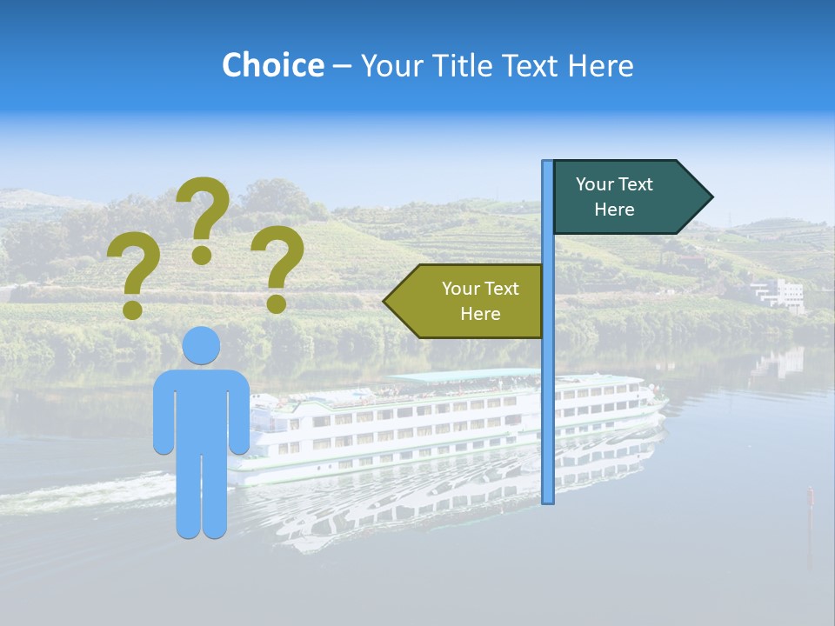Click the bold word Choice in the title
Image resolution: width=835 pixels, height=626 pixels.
point(272,65)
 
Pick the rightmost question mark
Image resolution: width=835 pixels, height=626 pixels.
point(277,266)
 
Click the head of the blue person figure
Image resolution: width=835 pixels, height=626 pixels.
point(201,345)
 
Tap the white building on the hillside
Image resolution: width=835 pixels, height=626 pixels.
point(779,293)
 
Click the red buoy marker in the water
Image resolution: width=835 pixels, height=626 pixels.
point(810,496)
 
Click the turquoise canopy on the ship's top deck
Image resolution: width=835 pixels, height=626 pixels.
point(461,376)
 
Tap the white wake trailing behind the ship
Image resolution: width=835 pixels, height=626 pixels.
point(87,494)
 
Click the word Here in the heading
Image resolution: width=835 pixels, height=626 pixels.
point(601,65)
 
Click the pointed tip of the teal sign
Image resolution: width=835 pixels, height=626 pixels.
point(711,197)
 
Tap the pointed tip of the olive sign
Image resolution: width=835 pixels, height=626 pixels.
point(386,301)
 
